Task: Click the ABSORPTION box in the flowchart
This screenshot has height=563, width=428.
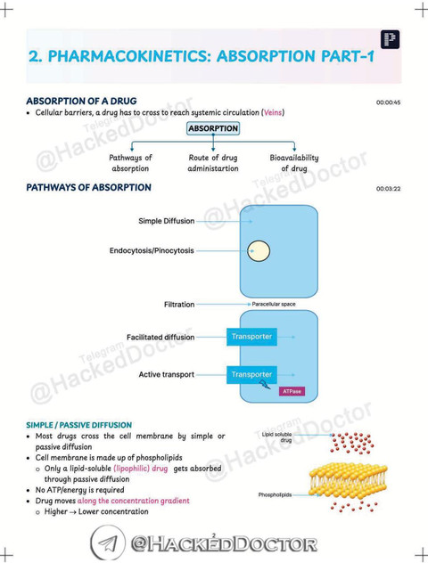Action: (213, 128)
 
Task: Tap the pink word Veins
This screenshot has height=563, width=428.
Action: (273, 112)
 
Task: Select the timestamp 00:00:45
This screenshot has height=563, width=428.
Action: (388, 102)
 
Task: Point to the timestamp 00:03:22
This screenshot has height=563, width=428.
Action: (388, 189)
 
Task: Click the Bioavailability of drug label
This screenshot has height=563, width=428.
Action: (294, 163)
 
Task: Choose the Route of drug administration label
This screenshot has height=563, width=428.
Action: (213, 163)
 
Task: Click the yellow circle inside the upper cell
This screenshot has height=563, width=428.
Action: (259, 251)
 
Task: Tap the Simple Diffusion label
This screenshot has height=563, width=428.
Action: (167, 221)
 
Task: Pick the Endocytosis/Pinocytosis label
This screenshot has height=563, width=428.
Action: (152, 250)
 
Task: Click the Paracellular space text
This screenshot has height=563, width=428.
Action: (274, 304)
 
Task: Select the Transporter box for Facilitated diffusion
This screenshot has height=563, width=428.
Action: (251, 337)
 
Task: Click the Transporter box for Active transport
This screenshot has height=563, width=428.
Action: (251, 374)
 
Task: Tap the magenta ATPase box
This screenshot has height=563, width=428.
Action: (292, 391)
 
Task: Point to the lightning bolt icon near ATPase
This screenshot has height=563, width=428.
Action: (265, 385)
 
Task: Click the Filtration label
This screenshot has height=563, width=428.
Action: (179, 304)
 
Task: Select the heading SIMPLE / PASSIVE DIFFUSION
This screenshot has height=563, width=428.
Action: (79, 425)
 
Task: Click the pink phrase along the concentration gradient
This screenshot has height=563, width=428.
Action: (134, 501)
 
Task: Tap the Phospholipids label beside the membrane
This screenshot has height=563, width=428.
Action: (275, 494)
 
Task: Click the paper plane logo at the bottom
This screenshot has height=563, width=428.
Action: (108, 543)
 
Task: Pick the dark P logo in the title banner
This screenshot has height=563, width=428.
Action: (390, 39)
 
